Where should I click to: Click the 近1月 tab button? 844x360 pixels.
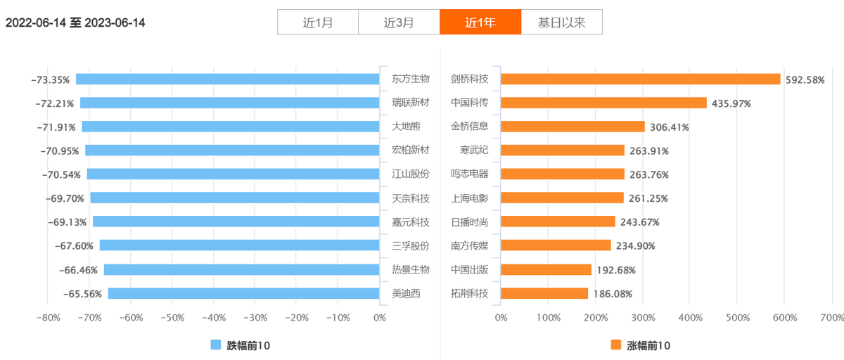318,22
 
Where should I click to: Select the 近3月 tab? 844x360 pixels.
399,22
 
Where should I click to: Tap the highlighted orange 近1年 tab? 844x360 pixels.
480,22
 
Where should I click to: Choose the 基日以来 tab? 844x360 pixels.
561,22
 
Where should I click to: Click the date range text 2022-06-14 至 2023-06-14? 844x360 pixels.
75,22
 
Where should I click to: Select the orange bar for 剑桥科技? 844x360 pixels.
640,79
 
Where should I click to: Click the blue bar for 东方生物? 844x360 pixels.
228,79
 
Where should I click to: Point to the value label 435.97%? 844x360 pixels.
731,103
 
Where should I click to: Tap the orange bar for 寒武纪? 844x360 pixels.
563,150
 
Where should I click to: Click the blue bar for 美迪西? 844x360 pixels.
244,293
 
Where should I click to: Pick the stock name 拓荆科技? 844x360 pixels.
469,293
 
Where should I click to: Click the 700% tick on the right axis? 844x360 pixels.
831,318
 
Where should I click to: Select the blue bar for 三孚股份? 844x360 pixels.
240,245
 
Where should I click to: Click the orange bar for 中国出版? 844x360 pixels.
546,269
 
